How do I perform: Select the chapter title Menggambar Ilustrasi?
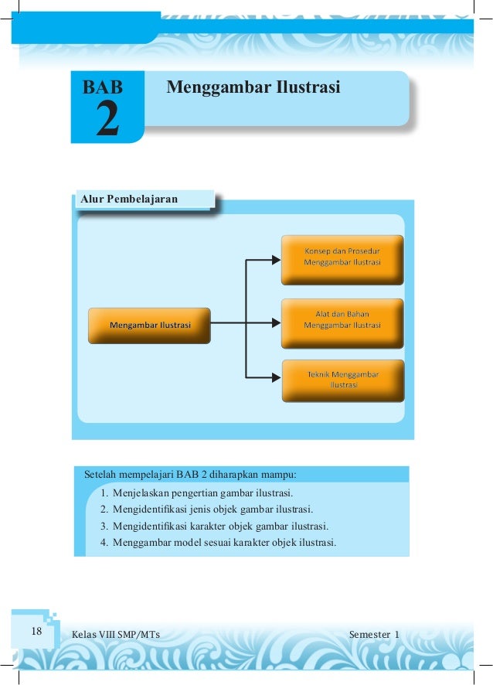coord(253,87)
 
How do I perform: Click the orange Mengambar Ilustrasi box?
coord(149,325)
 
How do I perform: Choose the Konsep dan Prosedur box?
coord(342,256)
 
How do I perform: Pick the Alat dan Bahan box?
coord(342,320)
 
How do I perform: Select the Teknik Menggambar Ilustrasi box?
coord(342,380)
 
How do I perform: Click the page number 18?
coord(36,632)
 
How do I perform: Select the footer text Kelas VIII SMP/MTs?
coord(116,635)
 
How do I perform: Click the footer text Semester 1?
coord(374,635)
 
